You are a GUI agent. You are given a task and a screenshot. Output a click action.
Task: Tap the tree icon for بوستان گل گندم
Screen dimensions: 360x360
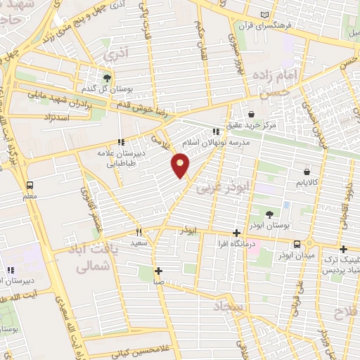[x=107, y=77]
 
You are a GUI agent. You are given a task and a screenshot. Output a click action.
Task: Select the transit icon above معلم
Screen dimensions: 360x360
[x=29, y=185]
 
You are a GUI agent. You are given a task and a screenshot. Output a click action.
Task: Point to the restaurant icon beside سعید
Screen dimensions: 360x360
[x=139, y=231]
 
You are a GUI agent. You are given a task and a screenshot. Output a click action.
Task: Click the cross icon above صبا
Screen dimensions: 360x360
[x=159, y=271]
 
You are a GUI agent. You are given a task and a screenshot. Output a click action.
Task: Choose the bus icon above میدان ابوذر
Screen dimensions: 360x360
[x=297, y=243]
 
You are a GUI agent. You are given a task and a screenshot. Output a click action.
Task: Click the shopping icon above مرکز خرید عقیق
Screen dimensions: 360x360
[x=251, y=115]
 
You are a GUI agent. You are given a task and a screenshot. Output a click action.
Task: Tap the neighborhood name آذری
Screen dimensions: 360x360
[x=112, y=53]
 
